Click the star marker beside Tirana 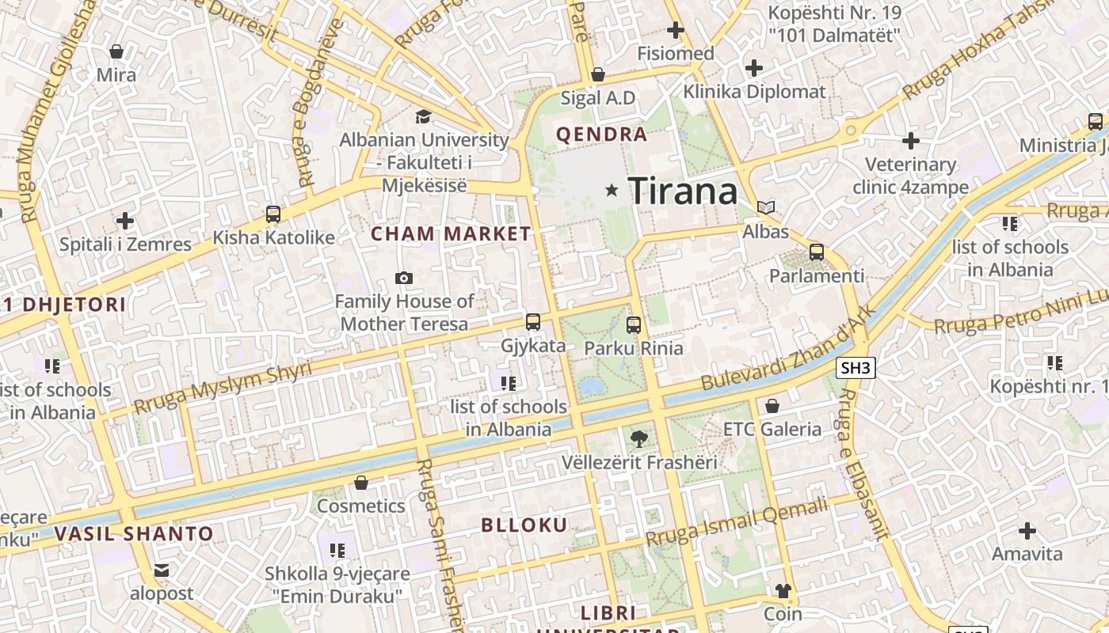pyautogui.click(x=612, y=190)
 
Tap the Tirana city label pyautogui.click(x=683, y=191)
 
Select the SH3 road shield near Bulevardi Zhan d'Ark pyautogui.click(x=856, y=367)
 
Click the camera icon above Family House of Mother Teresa pyautogui.click(x=404, y=278)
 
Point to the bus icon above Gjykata pyautogui.click(x=533, y=322)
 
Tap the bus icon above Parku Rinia pyautogui.click(x=634, y=324)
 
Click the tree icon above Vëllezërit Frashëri pyautogui.click(x=638, y=439)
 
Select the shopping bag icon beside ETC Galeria pyautogui.click(x=772, y=406)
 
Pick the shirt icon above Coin pyautogui.click(x=783, y=590)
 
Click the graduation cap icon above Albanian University pyautogui.click(x=424, y=117)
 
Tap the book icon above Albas pyautogui.click(x=765, y=208)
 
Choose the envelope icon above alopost pyautogui.click(x=162, y=570)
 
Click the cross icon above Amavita pyautogui.click(x=1027, y=530)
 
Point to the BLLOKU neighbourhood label pyautogui.click(x=524, y=525)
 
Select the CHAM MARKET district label pyautogui.click(x=451, y=233)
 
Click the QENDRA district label pyautogui.click(x=602, y=135)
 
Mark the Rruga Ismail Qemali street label pyautogui.click(x=737, y=521)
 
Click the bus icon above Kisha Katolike pyautogui.click(x=273, y=214)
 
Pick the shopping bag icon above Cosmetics pyautogui.click(x=361, y=482)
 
